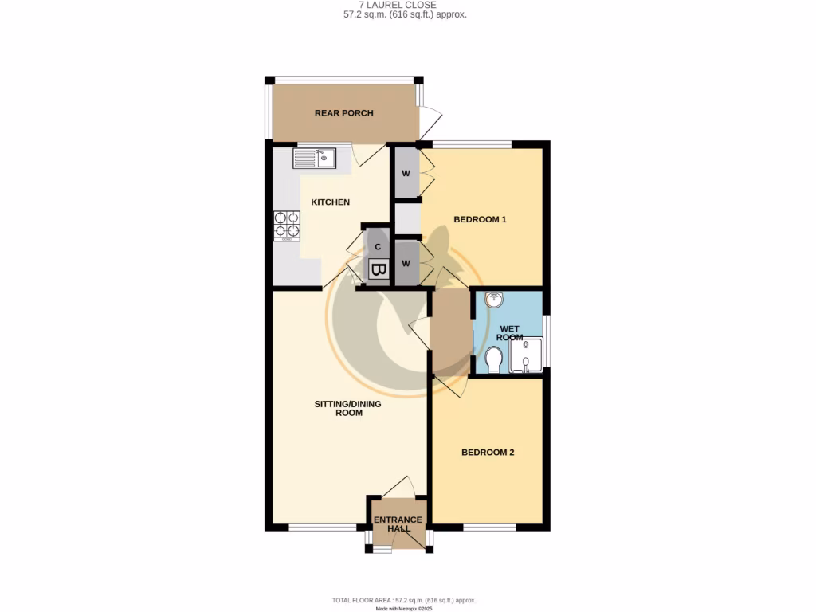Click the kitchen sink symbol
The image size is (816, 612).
point(315,159)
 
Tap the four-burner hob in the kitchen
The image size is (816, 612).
point(287,225)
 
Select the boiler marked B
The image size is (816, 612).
point(379,271)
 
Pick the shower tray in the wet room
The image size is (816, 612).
point(526,355)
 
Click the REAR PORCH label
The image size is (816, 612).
point(343,113)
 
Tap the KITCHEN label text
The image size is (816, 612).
point(330,202)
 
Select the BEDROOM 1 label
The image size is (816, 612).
point(480,219)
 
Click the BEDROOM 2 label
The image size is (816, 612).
point(488,453)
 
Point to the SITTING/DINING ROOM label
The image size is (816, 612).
point(347,408)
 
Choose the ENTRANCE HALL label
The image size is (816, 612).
point(398,524)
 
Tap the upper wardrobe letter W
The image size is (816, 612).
point(406,173)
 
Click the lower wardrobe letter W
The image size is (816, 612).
point(406,263)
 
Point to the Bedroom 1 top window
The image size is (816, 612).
point(472,144)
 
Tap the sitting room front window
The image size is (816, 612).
point(323,527)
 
